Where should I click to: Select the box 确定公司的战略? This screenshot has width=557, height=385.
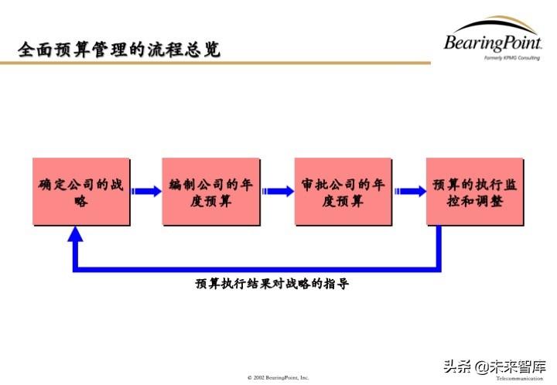click(80, 192)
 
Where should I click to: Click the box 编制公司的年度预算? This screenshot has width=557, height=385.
click(211, 192)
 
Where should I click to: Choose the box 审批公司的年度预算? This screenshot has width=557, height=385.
click(343, 192)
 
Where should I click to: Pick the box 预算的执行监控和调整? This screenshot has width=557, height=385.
click(474, 192)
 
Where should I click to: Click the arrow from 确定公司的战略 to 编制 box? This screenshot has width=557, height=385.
click(146, 191)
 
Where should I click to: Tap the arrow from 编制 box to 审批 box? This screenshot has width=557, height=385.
click(277, 191)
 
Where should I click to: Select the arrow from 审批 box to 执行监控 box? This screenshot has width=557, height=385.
click(408, 191)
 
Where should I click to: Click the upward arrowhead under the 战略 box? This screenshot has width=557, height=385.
click(75, 234)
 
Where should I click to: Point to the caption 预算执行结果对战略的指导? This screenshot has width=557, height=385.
click(272, 284)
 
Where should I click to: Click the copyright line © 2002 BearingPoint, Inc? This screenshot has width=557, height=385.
click(278, 377)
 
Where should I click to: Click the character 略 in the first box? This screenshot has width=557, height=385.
click(80, 201)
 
